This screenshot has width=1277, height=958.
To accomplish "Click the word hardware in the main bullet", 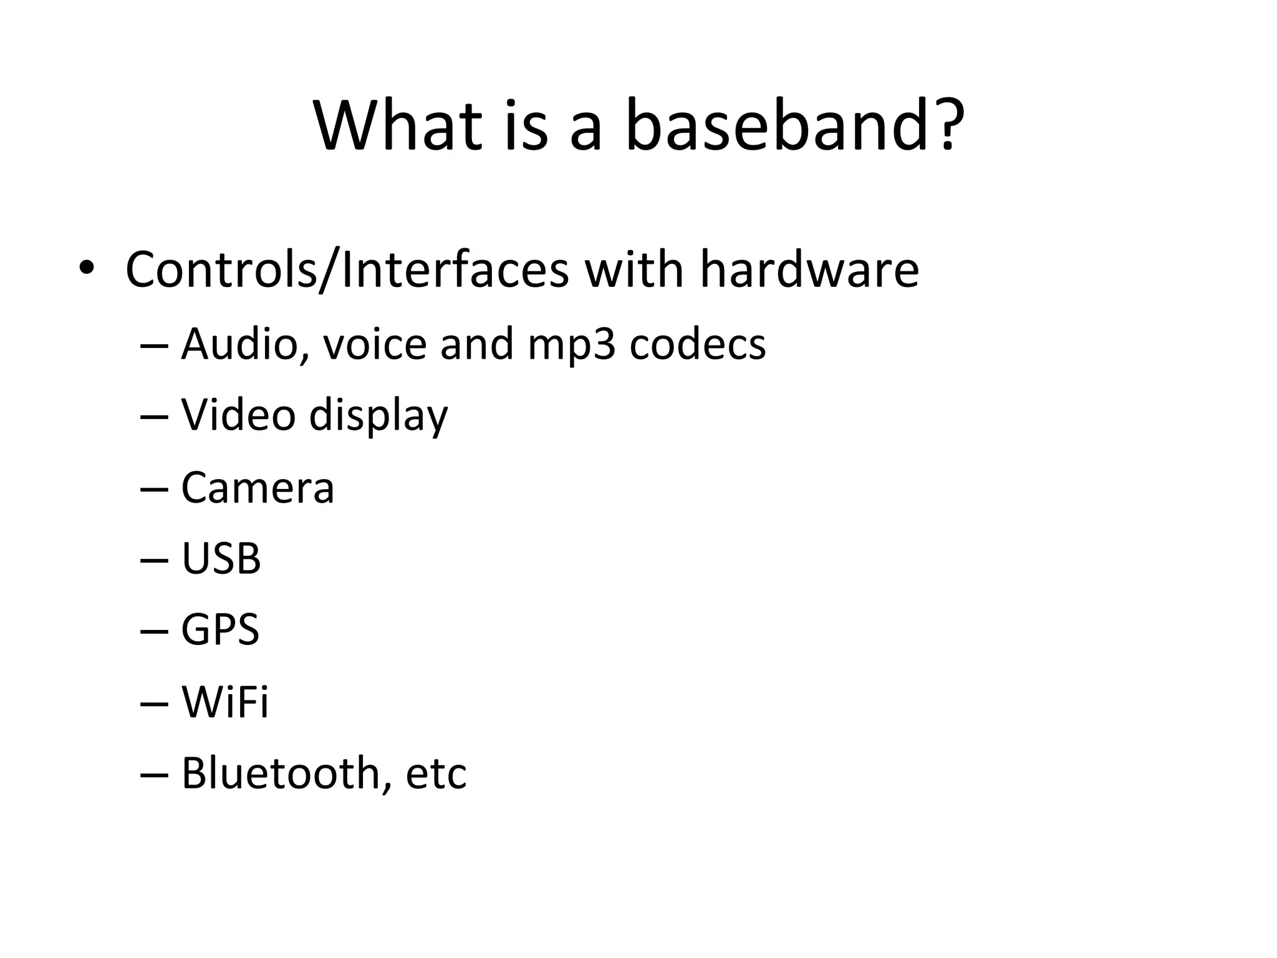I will [809, 269].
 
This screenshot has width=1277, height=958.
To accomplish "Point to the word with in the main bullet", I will [634, 269].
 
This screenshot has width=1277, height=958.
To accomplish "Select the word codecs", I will [697, 344].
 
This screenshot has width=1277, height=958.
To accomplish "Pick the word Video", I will [238, 415].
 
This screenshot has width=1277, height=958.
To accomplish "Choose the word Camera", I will [258, 488].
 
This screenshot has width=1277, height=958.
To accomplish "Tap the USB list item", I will [221, 559].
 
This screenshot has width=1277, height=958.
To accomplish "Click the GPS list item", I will [220, 630].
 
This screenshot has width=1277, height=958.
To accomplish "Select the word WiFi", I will [224, 702].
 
